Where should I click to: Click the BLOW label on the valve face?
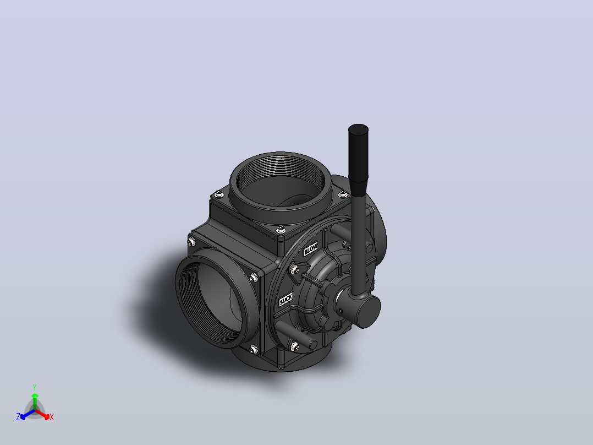(310, 249)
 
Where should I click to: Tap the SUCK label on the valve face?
(286, 299)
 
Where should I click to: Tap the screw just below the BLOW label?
(294, 270)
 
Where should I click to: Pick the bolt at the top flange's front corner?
(281, 230)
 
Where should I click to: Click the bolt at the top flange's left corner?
(219, 194)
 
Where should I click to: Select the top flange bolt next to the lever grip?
(343, 194)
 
